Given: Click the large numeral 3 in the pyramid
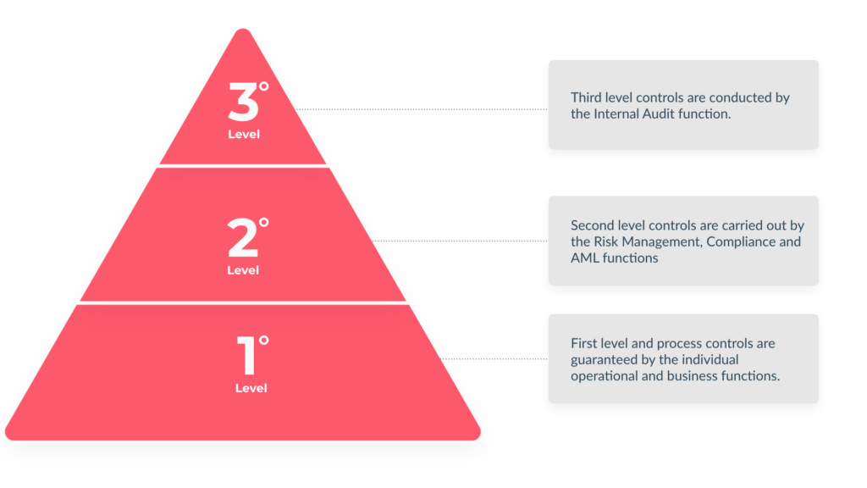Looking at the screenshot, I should tap(242, 103).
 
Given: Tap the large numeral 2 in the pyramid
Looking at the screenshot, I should tap(242, 239).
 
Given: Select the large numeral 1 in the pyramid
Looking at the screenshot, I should tap(247, 357).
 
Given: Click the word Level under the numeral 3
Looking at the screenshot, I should tap(244, 134).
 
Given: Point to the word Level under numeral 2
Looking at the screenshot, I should tap(243, 270).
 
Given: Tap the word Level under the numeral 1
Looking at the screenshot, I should tap(251, 388).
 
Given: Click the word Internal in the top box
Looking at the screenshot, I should tap(619, 114).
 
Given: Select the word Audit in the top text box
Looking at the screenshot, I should tap(668, 114).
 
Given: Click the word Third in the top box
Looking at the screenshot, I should tap(588, 97).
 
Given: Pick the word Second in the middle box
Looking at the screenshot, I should tap(594, 225).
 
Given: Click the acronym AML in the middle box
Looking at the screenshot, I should tap(585, 258).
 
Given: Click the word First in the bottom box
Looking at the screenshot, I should tap(584, 343).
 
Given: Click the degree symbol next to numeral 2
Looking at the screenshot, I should tap(264, 223).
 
